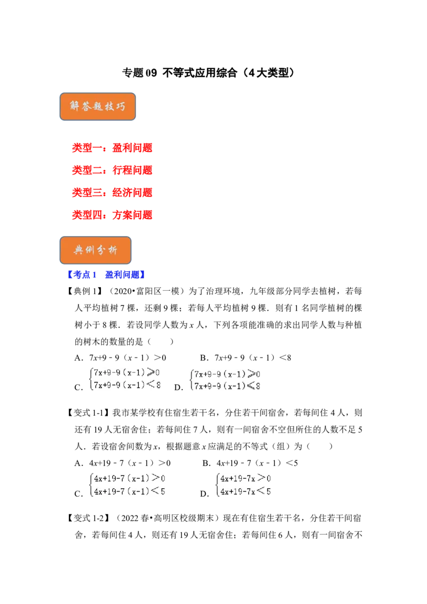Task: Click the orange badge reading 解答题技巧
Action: pos(97,107)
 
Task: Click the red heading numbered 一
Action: pos(112,147)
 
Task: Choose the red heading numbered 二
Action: pos(112,170)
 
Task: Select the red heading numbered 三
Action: pos(112,192)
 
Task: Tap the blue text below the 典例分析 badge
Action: pos(106,275)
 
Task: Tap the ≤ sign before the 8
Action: pos(250,386)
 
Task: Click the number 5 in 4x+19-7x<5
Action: pos(268,491)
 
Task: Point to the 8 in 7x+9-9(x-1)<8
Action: pos(157,385)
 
